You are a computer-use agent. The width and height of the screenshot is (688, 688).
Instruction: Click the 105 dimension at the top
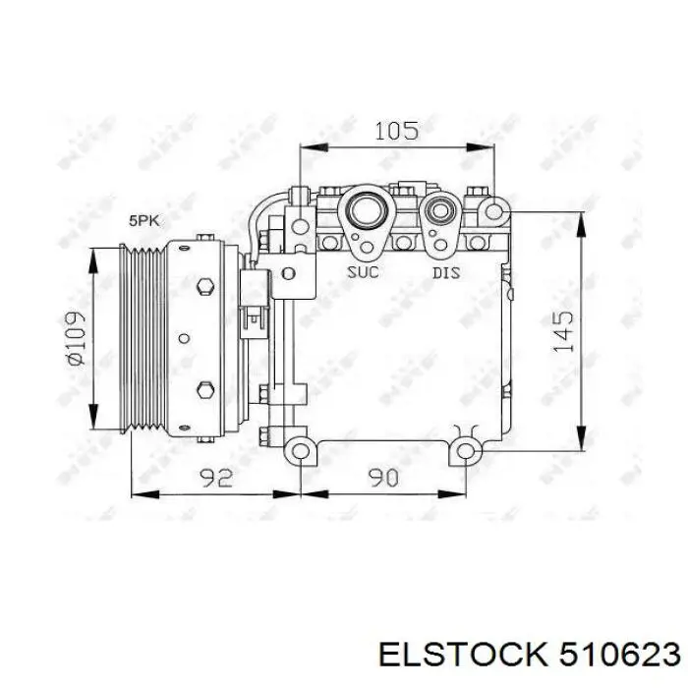pyautogui.click(x=397, y=131)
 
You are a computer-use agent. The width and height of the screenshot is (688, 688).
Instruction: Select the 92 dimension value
pyautogui.click(x=216, y=478)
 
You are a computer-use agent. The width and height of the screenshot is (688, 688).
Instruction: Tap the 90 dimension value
pyautogui.click(x=382, y=478)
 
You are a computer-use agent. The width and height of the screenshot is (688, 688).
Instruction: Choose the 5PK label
pyautogui.click(x=143, y=221)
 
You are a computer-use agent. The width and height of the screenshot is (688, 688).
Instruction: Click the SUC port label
pyautogui.click(x=363, y=271)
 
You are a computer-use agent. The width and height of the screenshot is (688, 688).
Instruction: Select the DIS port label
pyautogui.click(x=446, y=271)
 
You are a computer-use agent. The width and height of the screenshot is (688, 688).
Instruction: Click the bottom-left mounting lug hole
pyautogui.click(x=300, y=452)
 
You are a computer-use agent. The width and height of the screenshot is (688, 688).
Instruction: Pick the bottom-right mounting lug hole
pyautogui.click(x=465, y=452)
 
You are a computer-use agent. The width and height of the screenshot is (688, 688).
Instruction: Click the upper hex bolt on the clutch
pyautogui.click(x=204, y=287)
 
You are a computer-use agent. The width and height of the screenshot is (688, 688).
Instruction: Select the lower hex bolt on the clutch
pyautogui.click(x=204, y=390)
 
